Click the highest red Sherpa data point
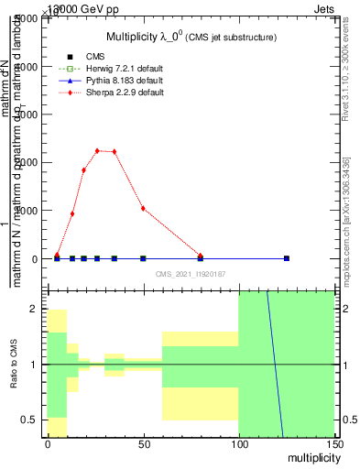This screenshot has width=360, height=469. coord(97,151)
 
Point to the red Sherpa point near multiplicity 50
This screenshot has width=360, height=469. coord(143,208)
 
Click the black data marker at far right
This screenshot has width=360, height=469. coord(287,258)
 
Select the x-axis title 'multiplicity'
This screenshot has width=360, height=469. coord(311,457)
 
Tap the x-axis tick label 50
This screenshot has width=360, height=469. coord(143,444)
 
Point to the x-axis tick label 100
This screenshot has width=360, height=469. coord(238,444)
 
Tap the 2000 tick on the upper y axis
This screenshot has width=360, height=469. coord(26,162)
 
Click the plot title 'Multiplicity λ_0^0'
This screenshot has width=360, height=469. coord(191,36)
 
